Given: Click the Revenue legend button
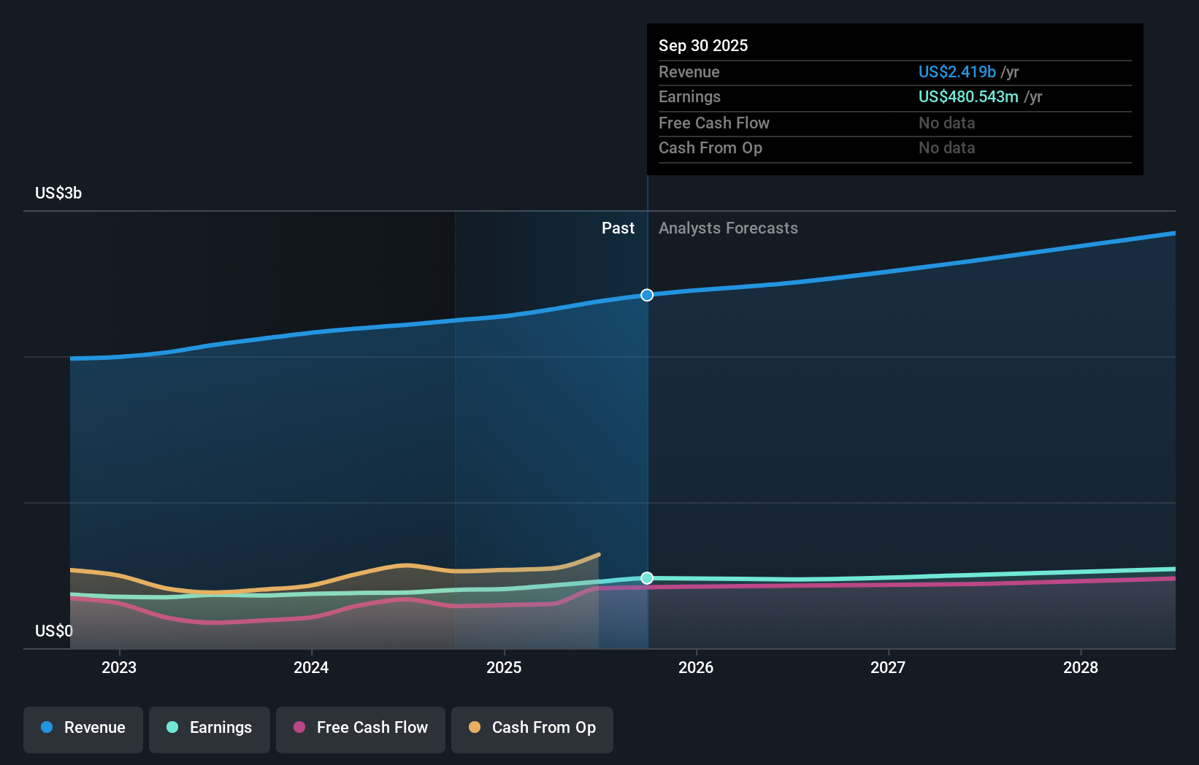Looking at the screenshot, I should [83, 729].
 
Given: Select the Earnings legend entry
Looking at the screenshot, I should [210, 729].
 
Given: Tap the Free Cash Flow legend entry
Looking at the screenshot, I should [361, 729].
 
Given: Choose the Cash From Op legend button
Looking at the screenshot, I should [532, 729].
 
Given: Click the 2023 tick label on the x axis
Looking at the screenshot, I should [119, 668].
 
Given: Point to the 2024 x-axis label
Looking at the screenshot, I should [311, 668].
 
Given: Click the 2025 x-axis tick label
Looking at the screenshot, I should [504, 668].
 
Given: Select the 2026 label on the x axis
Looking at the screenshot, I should [696, 668].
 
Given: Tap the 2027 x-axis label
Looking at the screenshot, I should [888, 668].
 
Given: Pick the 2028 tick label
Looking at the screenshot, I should [1081, 668].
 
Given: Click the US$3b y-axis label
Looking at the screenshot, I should [58, 193].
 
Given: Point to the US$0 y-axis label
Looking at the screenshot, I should [54, 631].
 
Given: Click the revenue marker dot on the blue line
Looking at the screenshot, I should [647, 295].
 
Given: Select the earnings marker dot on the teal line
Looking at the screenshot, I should [647, 578].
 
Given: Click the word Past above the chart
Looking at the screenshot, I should [618, 228].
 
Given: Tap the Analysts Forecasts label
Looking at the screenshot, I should [728, 228].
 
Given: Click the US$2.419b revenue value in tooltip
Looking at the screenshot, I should [957, 72].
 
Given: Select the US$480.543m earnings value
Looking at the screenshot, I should [968, 97].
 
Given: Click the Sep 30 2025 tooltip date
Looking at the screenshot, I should [703, 46].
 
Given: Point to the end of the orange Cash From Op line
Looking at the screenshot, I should [599, 555].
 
